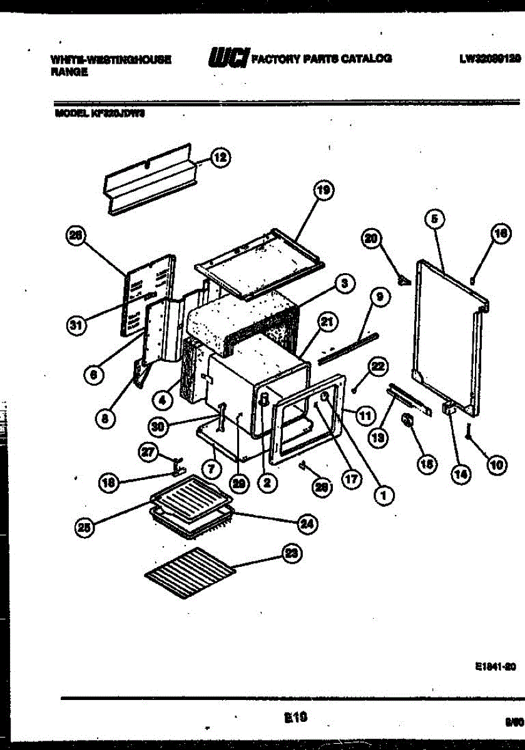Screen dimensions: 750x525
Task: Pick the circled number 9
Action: pos(379,297)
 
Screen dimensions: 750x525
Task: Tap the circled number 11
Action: pos(365,413)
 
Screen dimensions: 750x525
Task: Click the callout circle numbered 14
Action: pos(462,474)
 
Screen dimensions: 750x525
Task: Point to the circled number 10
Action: pos(496,464)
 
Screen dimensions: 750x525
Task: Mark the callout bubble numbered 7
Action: pos(212,468)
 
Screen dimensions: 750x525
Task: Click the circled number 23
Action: pos(292,554)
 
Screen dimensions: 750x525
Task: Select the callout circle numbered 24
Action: pos(307,524)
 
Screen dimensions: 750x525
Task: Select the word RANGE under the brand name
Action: pos(69,72)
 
